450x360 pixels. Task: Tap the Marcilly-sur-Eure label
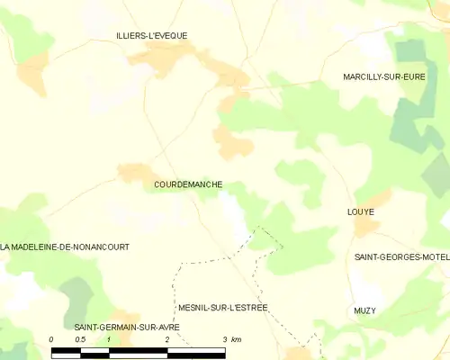[383, 77]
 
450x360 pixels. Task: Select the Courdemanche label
[188, 184]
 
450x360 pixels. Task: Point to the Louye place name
[360, 212]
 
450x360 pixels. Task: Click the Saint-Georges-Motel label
[401, 257]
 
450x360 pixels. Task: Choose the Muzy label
[364, 310]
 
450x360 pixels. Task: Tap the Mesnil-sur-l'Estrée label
[223, 308]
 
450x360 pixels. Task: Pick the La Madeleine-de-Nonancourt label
[65, 247]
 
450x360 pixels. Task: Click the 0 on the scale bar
[51, 339]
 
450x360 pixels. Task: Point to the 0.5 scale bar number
[80, 339]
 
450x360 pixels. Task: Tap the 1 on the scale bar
[109, 339]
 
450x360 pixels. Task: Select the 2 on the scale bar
[166, 339]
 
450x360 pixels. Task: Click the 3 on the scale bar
[224, 339]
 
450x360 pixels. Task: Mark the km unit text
[237, 339]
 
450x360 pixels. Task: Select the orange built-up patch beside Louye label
[366, 227]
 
